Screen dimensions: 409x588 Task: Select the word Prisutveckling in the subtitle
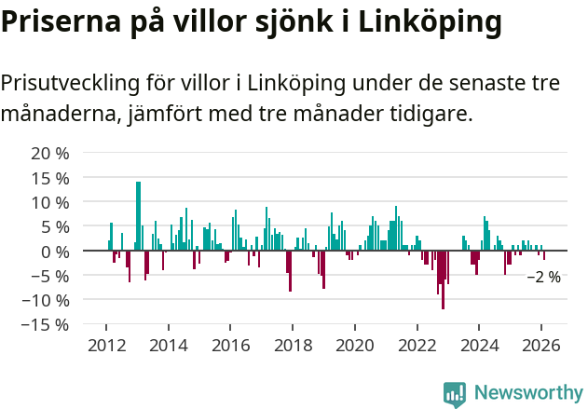click(69, 83)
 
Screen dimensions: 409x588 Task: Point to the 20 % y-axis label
click(50, 153)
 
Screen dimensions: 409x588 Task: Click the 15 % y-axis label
click(50, 177)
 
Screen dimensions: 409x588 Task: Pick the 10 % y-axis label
click(50, 202)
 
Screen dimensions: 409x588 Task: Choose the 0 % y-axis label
click(55, 251)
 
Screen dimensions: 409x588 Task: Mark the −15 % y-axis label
click(46, 324)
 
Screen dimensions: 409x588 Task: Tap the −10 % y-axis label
click(46, 300)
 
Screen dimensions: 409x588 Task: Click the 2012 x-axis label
click(106, 345)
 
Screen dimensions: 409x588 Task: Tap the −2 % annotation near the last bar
click(544, 277)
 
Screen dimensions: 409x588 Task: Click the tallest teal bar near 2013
click(138, 214)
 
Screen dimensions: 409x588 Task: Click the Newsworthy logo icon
click(455, 393)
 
